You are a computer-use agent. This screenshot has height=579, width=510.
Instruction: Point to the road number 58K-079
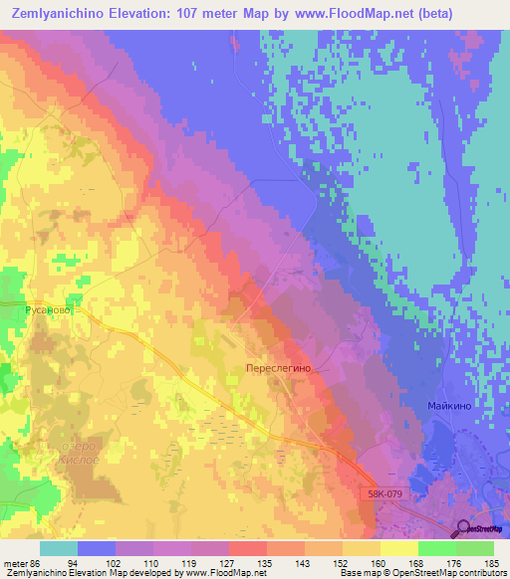click(x=384, y=491)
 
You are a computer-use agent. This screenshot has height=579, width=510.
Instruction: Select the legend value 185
click(x=492, y=563)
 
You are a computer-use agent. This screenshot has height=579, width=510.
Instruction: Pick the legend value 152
click(x=344, y=563)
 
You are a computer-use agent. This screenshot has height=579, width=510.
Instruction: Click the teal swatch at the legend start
click(x=59, y=548)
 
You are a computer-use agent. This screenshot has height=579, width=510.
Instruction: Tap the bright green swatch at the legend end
click(x=474, y=548)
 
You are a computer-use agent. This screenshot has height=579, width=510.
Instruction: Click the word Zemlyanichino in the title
click(x=60, y=14)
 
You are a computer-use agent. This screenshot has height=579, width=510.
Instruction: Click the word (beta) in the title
click(x=429, y=14)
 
